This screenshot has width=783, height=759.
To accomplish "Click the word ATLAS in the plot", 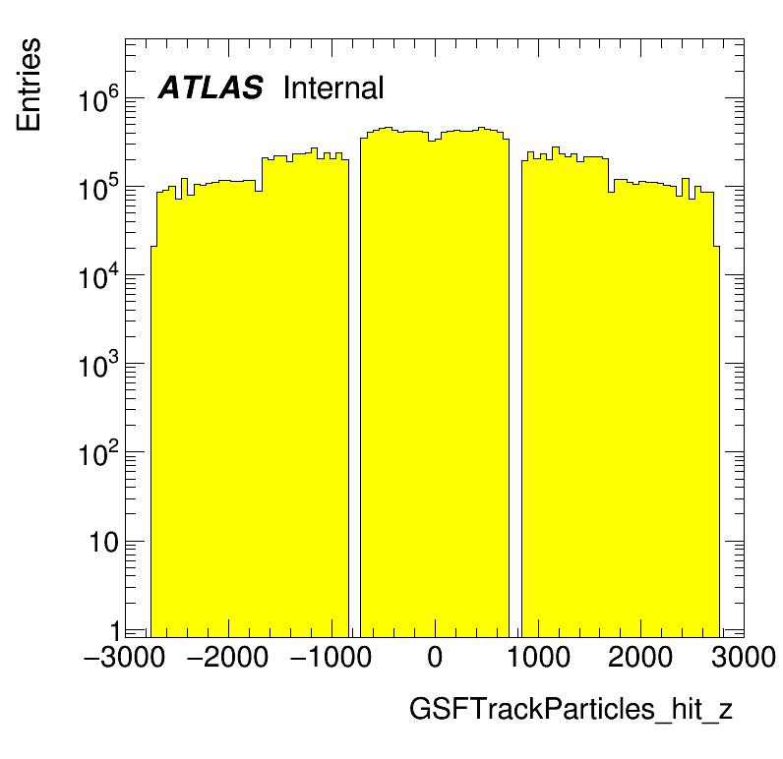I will (211, 88).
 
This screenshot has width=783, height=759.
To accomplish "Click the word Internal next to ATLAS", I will (332, 88).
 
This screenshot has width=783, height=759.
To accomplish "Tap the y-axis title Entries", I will (29, 85).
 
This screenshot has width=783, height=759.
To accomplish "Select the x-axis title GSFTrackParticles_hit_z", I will (571, 710).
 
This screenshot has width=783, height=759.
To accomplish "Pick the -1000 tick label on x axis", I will (329, 657).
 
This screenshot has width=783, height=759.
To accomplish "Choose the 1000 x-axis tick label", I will (537, 657).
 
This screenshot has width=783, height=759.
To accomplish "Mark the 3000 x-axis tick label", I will (743, 657).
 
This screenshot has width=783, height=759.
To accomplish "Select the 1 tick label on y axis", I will (113, 630).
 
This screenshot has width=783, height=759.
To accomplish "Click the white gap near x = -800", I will (354, 393).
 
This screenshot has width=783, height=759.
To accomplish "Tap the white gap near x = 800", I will (514, 393).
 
